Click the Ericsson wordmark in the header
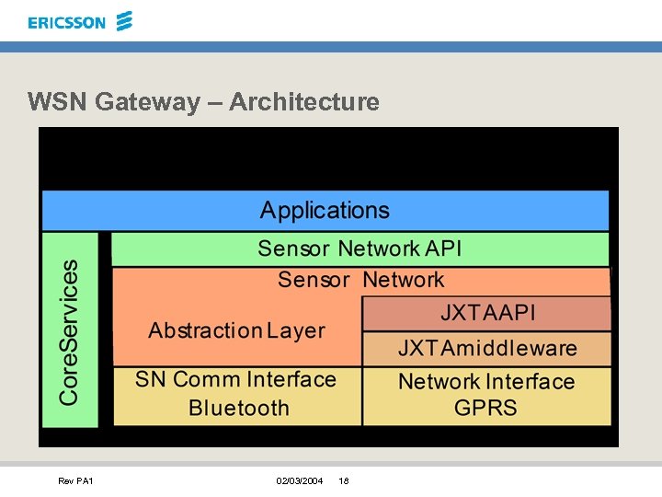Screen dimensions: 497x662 click(x=66, y=22)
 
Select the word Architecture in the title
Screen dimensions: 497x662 click(x=304, y=101)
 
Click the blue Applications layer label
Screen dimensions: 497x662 click(x=325, y=210)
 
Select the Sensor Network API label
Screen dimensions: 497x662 click(x=360, y=248)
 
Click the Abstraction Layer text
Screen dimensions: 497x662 click(x=236, y=330)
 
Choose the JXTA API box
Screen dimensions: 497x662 click(x=487, y=313)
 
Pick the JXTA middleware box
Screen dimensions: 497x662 click(x=487, y=348)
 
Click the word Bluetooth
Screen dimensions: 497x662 click(x=238, y=408)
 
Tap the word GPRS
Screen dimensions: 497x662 click(x=485, y=408)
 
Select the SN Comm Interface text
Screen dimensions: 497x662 click(x=235, y=379)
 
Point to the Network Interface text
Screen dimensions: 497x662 click(x=485, y=381)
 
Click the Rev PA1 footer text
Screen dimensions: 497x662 click(x=75, y=480)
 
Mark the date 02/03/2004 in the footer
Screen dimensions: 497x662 click(x=300, y=480)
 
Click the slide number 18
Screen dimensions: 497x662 click(x=343, y=480)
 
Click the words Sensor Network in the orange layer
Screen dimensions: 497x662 click(x=360, y=280)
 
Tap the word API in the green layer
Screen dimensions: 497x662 click(x=444, y=248)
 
